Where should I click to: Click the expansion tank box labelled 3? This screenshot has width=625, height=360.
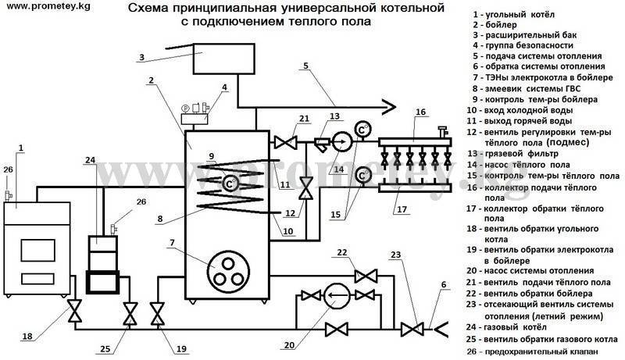224,59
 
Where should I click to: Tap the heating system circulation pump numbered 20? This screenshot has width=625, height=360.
336,295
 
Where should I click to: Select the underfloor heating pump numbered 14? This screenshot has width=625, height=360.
341,141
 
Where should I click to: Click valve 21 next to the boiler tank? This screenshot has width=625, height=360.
285,142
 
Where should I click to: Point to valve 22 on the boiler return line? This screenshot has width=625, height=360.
366,276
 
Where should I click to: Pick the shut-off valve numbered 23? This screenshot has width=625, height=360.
412,330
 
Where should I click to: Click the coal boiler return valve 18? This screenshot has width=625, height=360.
74,311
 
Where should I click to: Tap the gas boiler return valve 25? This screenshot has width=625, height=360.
130,314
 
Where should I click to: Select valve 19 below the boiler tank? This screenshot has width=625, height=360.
158,314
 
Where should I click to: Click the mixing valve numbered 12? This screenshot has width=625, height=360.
306,188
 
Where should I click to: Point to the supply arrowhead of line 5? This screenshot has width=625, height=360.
387,106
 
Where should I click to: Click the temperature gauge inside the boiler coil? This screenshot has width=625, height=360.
229,184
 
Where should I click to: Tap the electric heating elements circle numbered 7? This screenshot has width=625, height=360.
228,272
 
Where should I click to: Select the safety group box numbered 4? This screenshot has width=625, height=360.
194,118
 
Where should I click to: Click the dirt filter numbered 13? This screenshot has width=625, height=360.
321,144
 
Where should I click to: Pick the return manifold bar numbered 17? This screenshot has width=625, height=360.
415,187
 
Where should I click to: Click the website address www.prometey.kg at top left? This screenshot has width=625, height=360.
45,7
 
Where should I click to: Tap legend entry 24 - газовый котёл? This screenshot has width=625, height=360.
506,327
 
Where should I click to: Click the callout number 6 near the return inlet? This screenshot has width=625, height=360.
444,285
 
